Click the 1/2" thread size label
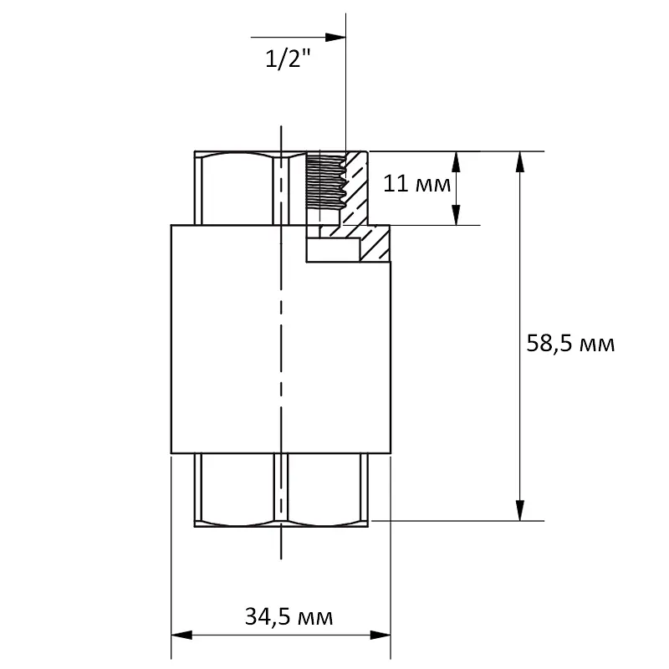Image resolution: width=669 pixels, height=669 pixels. click(x=289, y=59)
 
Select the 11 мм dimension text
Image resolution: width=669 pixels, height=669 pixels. click(x=416, y=184)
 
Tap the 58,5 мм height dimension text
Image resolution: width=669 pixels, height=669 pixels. click(x=570, y=344)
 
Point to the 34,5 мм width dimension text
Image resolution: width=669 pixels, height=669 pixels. click(x=289, y=616)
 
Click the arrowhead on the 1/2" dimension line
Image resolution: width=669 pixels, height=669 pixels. click(x=335, y=37)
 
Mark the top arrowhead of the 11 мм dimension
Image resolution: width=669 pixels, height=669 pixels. click(x=456, y=161)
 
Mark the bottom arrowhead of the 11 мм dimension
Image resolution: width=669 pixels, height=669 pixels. click(x=456, y=215)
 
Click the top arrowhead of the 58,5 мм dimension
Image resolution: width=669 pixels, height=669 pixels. click(x=519, y=161)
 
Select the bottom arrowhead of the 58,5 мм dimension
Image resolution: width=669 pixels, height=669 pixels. click(x=519, y=510)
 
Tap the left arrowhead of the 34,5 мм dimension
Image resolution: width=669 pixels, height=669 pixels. click(x=181, y=636)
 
